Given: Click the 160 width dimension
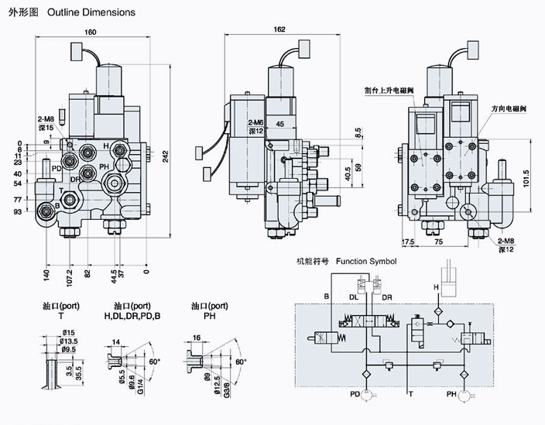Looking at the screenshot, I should [91, 33].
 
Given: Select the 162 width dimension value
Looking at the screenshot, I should [279, 30].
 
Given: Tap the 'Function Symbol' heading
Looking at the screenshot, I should [366, 262].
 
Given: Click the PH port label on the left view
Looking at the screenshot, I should [104, 169].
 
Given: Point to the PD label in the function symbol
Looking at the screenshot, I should [354, 395].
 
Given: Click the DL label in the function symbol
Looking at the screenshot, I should [352, 296].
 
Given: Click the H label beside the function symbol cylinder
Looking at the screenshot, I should [436, 288].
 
